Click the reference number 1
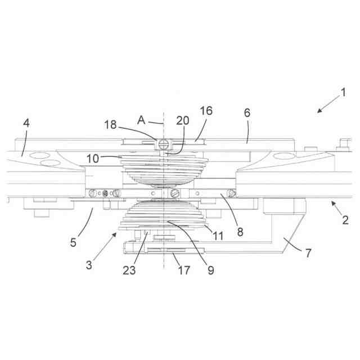(343, 93)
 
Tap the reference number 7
(308, 253)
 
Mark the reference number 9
(210, 270)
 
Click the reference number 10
(93, 159)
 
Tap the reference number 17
(183, 271)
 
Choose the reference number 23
(130, 270)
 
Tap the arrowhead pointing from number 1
(318, 112)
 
